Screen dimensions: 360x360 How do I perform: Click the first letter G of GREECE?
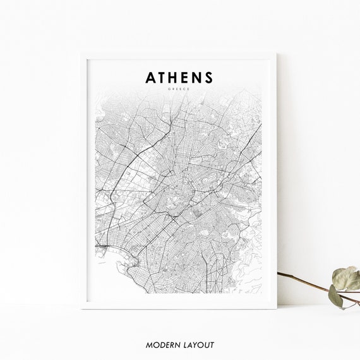tap(169, 90)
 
